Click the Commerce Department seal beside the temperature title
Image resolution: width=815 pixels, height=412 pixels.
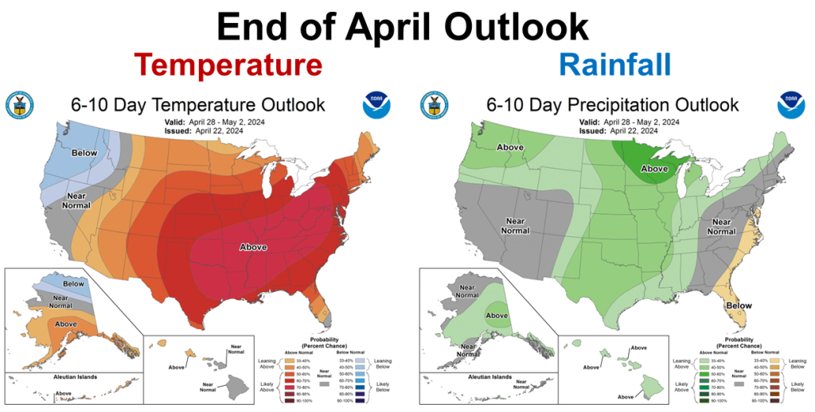coord(19,104)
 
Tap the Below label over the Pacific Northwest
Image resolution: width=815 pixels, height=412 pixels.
coord(84,153)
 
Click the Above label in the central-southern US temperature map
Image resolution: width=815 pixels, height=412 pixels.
coord(254,247)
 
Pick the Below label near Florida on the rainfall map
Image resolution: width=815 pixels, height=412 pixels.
coord(739,305)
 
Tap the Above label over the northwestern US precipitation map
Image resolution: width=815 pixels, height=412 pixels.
coord(510,147)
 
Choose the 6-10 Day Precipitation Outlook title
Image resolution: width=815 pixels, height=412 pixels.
coord(612,105)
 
